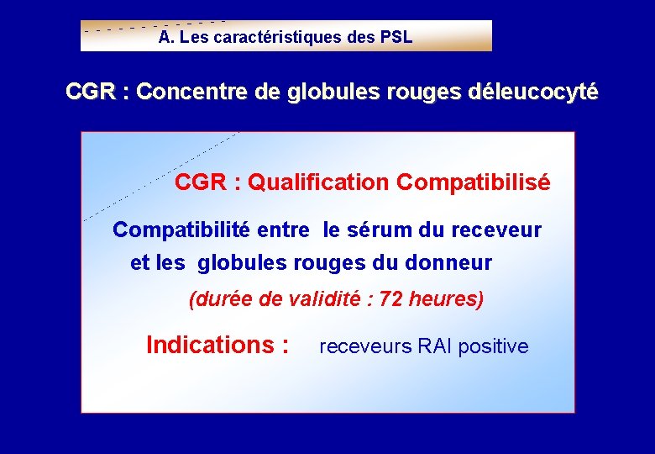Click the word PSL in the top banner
point(396,38)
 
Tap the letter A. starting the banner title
point(165,38)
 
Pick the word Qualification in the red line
point(319,182)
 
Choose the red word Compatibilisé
point(474,182)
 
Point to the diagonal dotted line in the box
point(160,176)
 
